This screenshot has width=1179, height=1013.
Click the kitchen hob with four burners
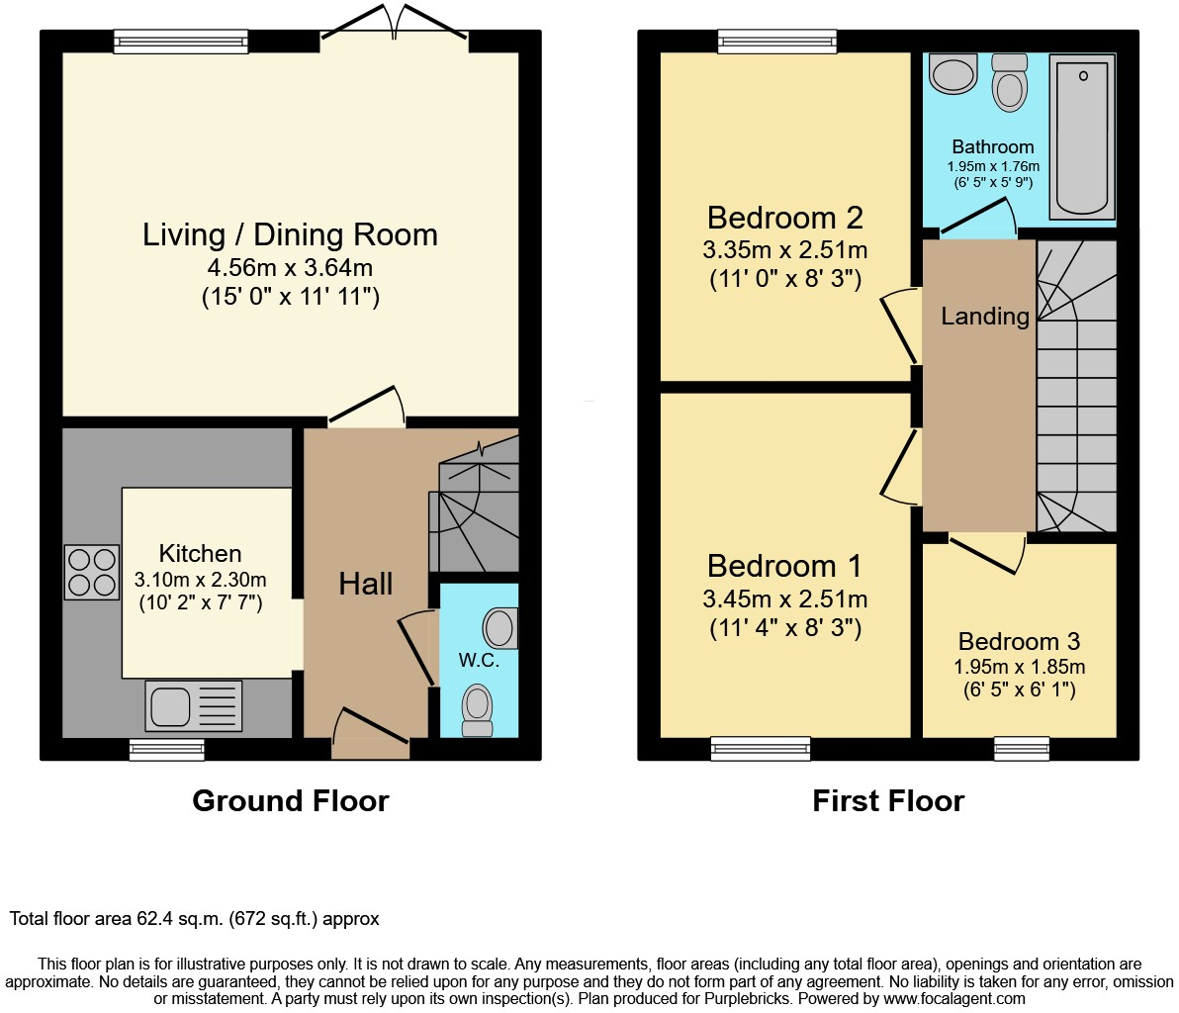[92, 572]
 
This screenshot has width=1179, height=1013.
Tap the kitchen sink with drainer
[193, 706]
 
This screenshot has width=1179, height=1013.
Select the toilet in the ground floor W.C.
[478, 709]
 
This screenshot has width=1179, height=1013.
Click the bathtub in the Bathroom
[1082, 136]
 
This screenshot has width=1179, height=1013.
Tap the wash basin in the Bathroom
[953, 74]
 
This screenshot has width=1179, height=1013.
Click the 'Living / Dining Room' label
[290, 234]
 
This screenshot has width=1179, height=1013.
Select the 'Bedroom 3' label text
[1019, 641]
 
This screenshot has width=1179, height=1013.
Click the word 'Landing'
[984, 316]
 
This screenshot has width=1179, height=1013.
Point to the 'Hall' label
[365, 584]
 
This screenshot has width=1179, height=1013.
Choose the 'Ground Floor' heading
[290, 800]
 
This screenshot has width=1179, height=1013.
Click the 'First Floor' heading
[887, 800]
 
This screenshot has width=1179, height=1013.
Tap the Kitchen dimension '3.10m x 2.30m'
[200, 580]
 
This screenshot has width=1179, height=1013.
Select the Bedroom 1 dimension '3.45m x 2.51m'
[784, 599]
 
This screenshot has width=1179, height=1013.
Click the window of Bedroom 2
[777, 41]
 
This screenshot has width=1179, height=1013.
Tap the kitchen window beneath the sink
[166, 750]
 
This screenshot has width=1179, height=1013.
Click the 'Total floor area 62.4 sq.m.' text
[194, 919]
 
